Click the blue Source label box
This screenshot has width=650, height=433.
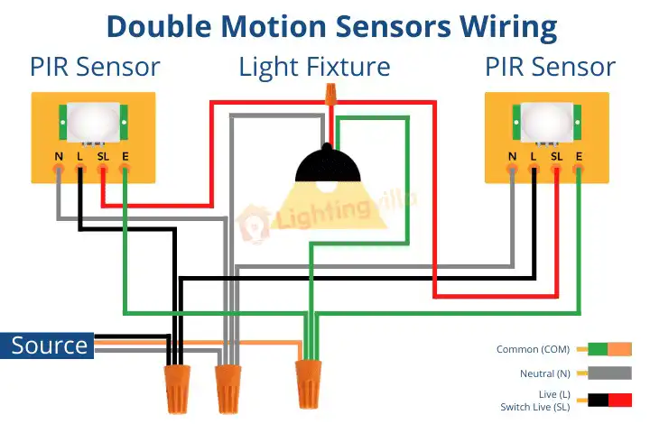47,345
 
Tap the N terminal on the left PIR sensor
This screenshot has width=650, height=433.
59,168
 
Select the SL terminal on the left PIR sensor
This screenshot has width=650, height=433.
102,168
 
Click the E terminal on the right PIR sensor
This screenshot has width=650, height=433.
579,168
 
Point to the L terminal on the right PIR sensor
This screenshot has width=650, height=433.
534,168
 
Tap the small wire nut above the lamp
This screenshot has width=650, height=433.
330,94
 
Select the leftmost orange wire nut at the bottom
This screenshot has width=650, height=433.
178,389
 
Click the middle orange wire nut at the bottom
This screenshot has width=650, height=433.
228,389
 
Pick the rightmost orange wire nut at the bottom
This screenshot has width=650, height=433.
308,384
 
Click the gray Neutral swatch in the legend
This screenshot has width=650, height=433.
609,373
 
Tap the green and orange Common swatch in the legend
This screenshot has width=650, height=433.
609,349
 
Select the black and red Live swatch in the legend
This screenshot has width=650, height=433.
609,401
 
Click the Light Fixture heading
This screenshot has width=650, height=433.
315,67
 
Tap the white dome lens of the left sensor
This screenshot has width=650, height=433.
93,123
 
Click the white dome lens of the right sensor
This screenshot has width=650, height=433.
547,123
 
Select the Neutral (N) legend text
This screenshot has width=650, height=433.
545,373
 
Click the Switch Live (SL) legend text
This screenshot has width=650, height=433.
535,407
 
